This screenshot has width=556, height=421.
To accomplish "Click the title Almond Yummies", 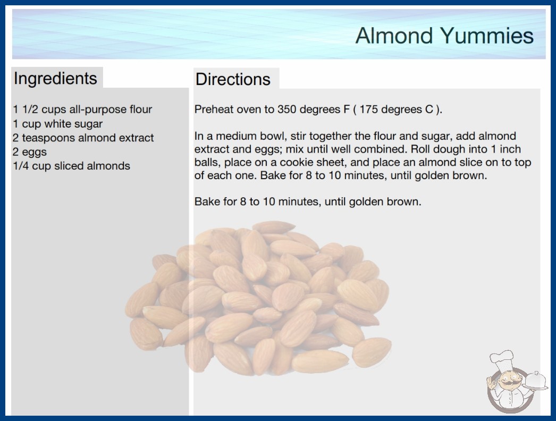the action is (x=444, y=36).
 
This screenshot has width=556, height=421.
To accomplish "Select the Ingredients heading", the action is (x=55, y=79).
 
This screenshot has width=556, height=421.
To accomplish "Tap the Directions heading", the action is (x=233, y=79).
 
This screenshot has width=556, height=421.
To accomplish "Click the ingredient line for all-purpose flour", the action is (x=82, y=110).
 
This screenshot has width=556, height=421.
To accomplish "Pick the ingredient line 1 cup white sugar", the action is (x=57, y=124).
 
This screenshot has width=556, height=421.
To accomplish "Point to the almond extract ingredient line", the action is (x=83, y=138).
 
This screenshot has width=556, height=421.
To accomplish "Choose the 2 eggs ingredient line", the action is (x=30, y=152).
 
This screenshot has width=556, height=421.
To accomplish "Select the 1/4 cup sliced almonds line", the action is (x=71, y=166).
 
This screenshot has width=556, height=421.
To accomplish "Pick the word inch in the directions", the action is (x=510, y=149).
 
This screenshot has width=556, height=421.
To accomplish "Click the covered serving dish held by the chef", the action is (x=535, y=381).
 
